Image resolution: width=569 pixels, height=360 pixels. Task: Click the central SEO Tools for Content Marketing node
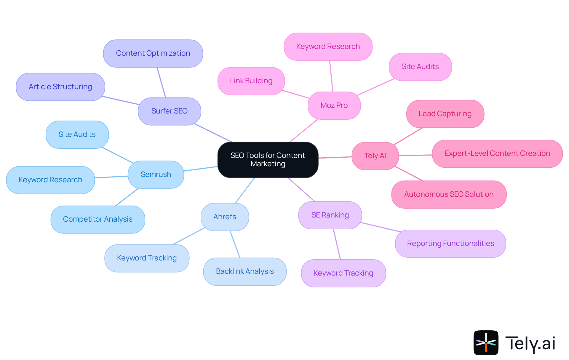[268, 160]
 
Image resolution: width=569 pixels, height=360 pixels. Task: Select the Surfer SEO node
[169, 111]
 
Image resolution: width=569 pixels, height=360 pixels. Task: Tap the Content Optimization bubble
[153, 53]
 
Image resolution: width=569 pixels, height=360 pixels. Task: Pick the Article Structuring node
[60, 87]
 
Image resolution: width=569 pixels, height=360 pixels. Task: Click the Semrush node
[156, 175]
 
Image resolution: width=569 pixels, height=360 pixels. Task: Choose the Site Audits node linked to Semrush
[77, 135]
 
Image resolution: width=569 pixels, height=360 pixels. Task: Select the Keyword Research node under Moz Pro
[328, 47]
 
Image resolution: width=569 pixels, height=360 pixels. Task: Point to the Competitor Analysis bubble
[98, 219]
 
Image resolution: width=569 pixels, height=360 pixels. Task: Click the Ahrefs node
[225, 217]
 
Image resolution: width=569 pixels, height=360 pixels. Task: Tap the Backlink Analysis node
[244, 271]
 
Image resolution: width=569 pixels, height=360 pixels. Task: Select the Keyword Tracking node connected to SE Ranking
[343, 273]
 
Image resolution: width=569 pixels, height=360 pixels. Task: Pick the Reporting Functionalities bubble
[450, 244]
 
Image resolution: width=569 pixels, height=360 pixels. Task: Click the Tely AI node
[375, 156]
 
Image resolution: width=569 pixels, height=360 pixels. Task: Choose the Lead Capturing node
[445, 114]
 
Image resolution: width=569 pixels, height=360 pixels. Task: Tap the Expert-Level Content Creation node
[497, 153]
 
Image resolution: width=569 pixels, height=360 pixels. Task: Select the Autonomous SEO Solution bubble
[449, 194]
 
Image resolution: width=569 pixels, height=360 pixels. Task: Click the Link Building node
[251, 81]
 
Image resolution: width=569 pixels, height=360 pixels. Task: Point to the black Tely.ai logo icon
[486, 343]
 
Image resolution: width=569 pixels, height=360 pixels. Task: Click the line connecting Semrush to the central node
[201, 169]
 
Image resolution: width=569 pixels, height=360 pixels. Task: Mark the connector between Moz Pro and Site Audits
[375, 87]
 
